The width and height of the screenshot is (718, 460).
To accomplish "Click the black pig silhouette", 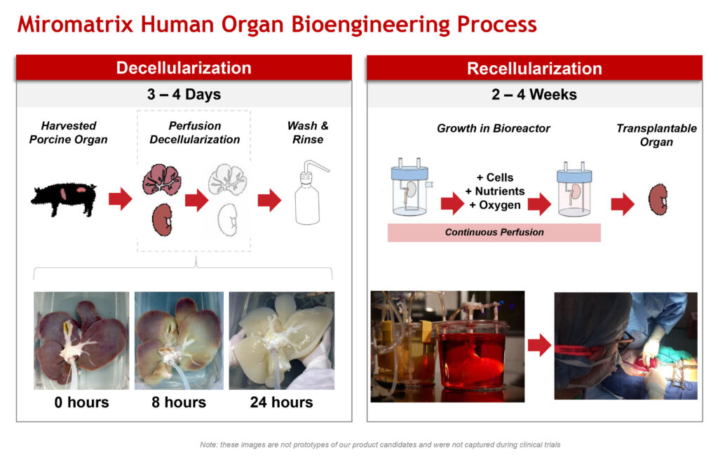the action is [x=64, y=199].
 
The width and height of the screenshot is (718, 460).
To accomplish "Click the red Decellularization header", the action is [x=184, y=68].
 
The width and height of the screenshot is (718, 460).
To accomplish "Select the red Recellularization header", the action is [x=534, y=68].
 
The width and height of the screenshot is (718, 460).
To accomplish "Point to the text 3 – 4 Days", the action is [x=184, y=95].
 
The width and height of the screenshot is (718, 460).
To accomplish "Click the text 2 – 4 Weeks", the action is [x=534, y=95].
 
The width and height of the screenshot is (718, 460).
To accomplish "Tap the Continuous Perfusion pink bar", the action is [x=494, y=232].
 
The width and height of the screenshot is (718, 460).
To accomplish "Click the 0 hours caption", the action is [x=81, y=402].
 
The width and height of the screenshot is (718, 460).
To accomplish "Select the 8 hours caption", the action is [x=179, y=402].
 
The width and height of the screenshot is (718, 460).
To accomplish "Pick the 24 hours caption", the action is [x=282, y=402].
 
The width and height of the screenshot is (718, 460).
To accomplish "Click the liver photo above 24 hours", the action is [x=282, y=340].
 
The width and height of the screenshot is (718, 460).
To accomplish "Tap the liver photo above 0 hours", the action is [x=81, y=340].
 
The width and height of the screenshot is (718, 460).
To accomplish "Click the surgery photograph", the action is [x=626, y=346].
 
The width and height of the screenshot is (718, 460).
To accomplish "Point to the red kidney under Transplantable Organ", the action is [x=658, y=199].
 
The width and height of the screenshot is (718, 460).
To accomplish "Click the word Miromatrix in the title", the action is [x=75, y=25].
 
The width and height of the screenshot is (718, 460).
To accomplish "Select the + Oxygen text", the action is [x=495, y=205].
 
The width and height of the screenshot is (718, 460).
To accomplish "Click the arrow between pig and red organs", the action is [x=121, y=199].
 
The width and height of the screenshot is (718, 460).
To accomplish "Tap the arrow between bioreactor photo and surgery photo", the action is [x=539, y=345].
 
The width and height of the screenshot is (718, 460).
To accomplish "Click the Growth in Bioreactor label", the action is [x=494, y=128].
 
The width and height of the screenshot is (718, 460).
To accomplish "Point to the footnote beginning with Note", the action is [x=380, y=445].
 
